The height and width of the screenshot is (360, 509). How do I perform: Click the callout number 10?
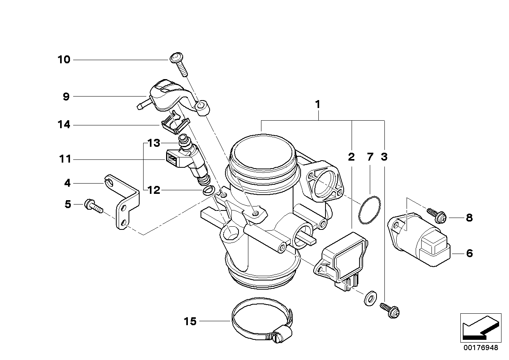64,60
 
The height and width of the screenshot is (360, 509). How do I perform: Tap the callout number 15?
190,321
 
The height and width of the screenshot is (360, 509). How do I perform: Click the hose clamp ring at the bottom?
261,320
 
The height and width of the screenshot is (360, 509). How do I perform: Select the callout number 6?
469,253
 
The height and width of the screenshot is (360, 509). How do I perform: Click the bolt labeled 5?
93,205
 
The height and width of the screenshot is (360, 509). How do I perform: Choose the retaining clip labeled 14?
175,123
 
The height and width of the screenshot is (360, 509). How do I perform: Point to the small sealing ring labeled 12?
208,191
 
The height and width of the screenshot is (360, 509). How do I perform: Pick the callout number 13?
153,143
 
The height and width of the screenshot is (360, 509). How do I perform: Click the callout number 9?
66,96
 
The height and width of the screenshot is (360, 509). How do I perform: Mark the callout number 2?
351,157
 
